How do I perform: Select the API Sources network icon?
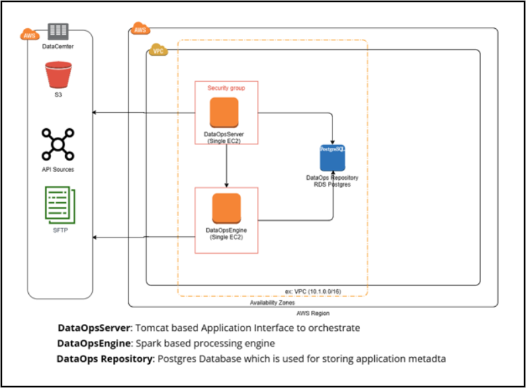point(58,144)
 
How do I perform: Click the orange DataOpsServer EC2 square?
point(224,112)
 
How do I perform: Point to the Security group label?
point(226,88)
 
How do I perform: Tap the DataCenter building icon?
point(58,31)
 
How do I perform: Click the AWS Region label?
point(313,313)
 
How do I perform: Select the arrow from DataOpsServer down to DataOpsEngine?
point(226,164)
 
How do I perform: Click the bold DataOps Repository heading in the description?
point(104,358)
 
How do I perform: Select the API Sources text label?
point(58,169)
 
